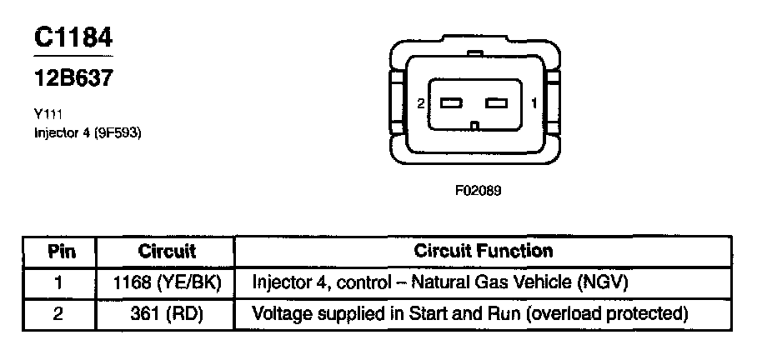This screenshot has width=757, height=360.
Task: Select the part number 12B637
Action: point(73,78)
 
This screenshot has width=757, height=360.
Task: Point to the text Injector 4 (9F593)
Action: point(88,132)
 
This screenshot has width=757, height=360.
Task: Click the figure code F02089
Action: point(478,190)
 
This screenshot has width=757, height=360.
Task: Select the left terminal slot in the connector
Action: point(452,103)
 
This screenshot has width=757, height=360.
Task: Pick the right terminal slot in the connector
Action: point(497,103)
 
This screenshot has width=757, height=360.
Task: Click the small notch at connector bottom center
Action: point(474,127)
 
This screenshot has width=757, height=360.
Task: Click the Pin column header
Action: point(58,251)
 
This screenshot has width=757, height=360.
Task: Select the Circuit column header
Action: point(167,251)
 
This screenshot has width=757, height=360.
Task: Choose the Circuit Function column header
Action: point(484,251)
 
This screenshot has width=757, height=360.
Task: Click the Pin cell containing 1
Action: point(58,282)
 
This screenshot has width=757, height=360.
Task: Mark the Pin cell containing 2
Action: point(58,314)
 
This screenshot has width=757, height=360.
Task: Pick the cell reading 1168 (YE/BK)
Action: point(167,282)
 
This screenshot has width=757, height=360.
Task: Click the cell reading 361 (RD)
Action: point(167,314)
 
